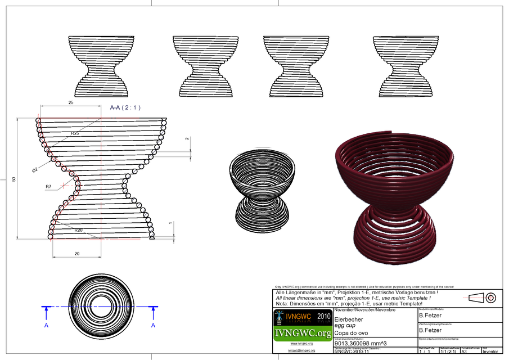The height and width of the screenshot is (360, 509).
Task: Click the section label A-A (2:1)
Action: [x=125, y=107]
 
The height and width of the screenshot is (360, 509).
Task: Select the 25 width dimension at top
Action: [x=71, y=103]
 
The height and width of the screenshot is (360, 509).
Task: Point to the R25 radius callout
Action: [x=75, y=133]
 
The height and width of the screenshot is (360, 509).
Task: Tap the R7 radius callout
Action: [x=48, y=186]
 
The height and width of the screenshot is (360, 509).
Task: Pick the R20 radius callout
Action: [x=79, y=230]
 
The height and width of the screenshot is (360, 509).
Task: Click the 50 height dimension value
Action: [x=14, y=179]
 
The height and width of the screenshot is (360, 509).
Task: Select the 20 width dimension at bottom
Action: [x=76, y=254]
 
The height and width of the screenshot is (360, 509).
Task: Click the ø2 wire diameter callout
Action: [x=35, y=169]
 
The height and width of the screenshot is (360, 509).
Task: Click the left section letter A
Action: [x=46, y=325]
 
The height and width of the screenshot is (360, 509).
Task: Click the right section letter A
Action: [x=153, y=325]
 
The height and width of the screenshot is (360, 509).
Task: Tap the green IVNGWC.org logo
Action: [x=302, y=334]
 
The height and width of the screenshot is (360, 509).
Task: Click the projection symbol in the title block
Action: [x=483, y=298]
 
